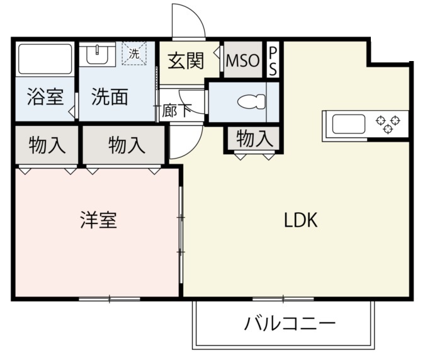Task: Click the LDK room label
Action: pyautogui.click(x=300, y=220)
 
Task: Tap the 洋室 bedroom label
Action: pyautogui.click(x=99, y=220)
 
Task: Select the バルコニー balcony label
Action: pyautogui.click(x=290, y=323)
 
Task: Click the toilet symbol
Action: pyautogui.click(x=251, y=101)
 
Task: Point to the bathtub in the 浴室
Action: pyautogui.click(x=45, y=59)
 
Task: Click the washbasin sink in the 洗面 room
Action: pyautogui.click(x=97, y=55)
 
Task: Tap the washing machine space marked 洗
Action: pyautogui.click(x=134, y=53)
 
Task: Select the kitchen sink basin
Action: pyautogui.click(x=349, y=124)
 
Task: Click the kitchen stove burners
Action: pyautogui.click(x=388, y=124)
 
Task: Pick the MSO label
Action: pyautogui.click(x=242, y=60)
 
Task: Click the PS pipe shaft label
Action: pyautogui.click(x=273, y=60)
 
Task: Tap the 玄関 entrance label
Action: pyautogui.click(x=186, y=61)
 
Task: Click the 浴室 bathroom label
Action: pyautogui.click(x=45, y=96)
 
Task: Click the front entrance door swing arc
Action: pyautogui.click(x=198, y=14)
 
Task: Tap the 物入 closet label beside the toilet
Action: pyautogui.click(x=254, y=138)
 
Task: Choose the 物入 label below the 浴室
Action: pyautogui.click(x=47, y=145)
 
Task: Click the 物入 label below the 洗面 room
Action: pyautogui.click(x=127, y=145)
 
